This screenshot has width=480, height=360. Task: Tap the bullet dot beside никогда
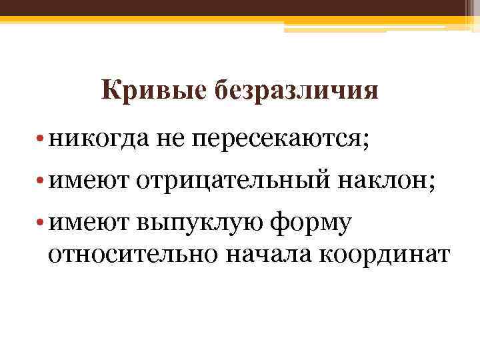coord(41,139)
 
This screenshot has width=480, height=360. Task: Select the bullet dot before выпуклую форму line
coord(41,223)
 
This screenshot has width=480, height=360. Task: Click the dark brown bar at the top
coord(240,7)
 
